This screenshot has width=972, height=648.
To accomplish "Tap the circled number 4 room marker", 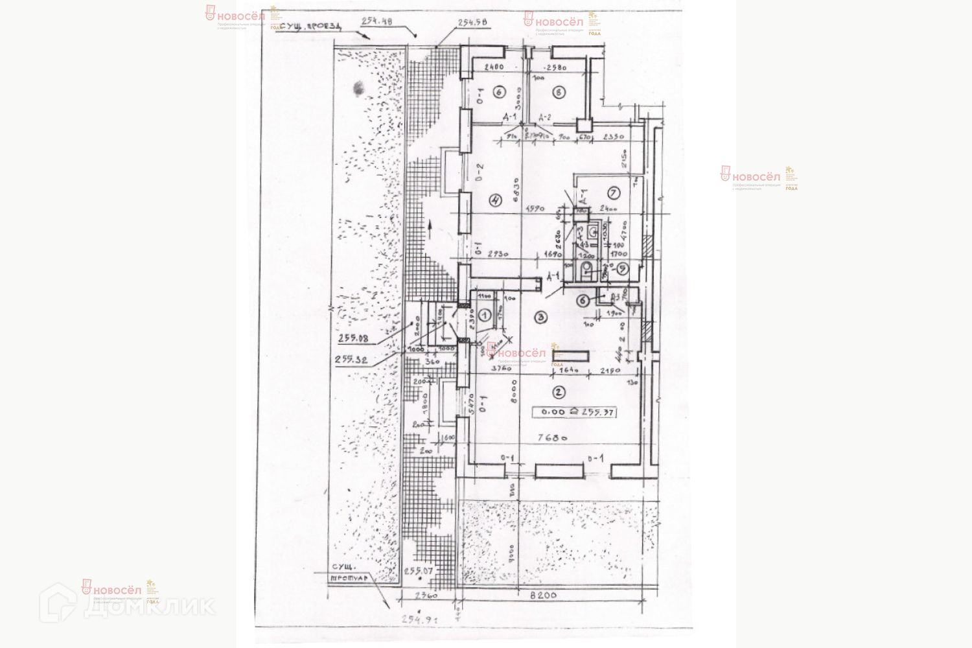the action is pyautogui.click(x=496, y=200).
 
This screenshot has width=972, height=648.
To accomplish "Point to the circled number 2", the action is pyautogui.click(x=557, y=391).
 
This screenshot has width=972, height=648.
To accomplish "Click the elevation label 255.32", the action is pyautogui.click(x=352, y=360).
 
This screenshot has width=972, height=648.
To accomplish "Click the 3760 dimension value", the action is pyautogui.click(x=502, y=367).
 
